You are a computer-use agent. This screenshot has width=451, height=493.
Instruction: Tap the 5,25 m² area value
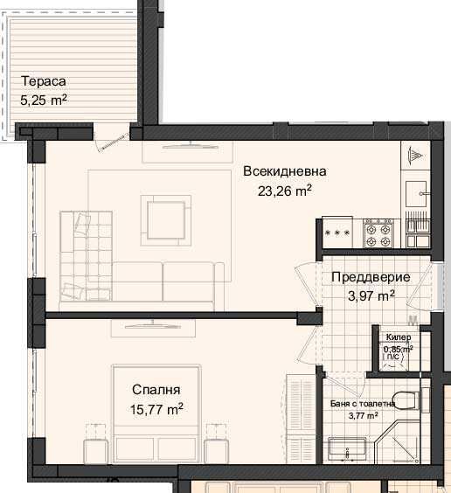[x=44, y=100]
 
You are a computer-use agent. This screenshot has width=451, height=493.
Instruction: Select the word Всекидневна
[x=285, y=171]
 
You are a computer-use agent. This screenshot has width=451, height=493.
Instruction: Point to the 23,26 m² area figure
[x=285, y=191]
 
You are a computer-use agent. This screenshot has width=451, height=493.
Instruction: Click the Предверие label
[x=370, y=277]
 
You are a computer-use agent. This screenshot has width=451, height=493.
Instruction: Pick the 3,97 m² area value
[x=370, y=295]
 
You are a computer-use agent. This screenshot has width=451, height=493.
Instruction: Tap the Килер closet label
[x=399, y=337]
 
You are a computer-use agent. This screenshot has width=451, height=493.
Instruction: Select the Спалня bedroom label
[x=156, y=390]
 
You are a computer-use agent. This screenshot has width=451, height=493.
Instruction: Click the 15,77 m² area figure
[x=156, y=408]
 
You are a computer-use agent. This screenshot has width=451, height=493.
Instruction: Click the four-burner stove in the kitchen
[x=378, y=232]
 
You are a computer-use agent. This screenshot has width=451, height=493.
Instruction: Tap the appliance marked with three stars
[x=337, y=233]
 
